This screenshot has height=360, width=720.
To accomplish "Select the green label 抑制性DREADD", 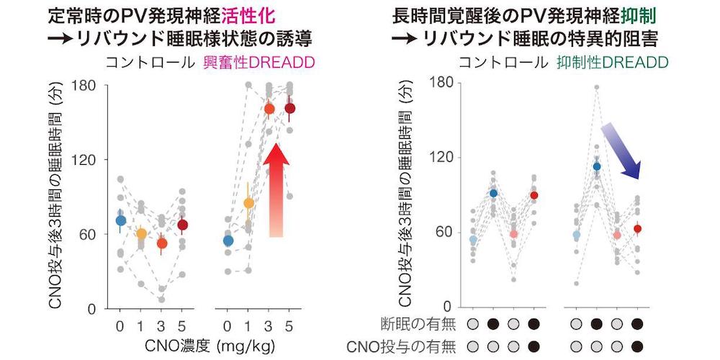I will pyautogui.click(x=613, y=63).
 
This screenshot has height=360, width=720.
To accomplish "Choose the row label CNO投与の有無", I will pyautogui.click(x=404, y=347).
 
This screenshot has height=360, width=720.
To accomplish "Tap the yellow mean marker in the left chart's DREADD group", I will pyautogui.click(x=248, y=203).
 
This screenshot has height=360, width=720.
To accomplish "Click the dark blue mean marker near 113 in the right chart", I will pyautogui.click(x=597, y=166).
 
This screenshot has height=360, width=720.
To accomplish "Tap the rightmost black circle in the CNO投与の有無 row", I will pyautogui.click(x=636, y=346).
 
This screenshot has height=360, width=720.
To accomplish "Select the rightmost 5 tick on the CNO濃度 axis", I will pyautogui.click(x=289, y=325).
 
